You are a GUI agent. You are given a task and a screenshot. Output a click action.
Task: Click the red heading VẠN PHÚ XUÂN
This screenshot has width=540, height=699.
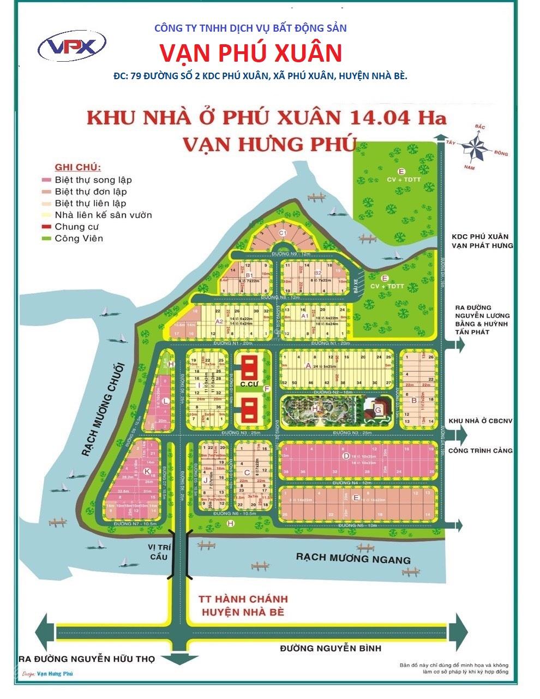(251, 53)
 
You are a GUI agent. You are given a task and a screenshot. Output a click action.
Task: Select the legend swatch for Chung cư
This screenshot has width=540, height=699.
(46, 227)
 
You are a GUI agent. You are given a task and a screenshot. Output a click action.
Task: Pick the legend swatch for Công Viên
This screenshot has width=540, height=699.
(46, 239)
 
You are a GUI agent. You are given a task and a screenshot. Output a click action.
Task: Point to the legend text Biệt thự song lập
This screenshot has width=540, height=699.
(93, 180)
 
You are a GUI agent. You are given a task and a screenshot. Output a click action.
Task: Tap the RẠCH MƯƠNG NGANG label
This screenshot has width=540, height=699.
(352, 559)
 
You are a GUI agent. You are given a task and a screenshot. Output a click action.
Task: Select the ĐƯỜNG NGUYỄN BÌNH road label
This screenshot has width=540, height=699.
(331, 648)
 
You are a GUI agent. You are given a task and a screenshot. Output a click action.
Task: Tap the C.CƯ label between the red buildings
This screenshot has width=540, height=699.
(249, 384)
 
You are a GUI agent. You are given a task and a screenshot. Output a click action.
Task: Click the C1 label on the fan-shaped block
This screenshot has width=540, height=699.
(283, 233)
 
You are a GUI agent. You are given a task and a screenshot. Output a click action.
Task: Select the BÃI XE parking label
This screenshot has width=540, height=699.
(355, 281)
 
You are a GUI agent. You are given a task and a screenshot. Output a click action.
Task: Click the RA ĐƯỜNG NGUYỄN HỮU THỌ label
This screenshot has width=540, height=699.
(86, 659)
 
